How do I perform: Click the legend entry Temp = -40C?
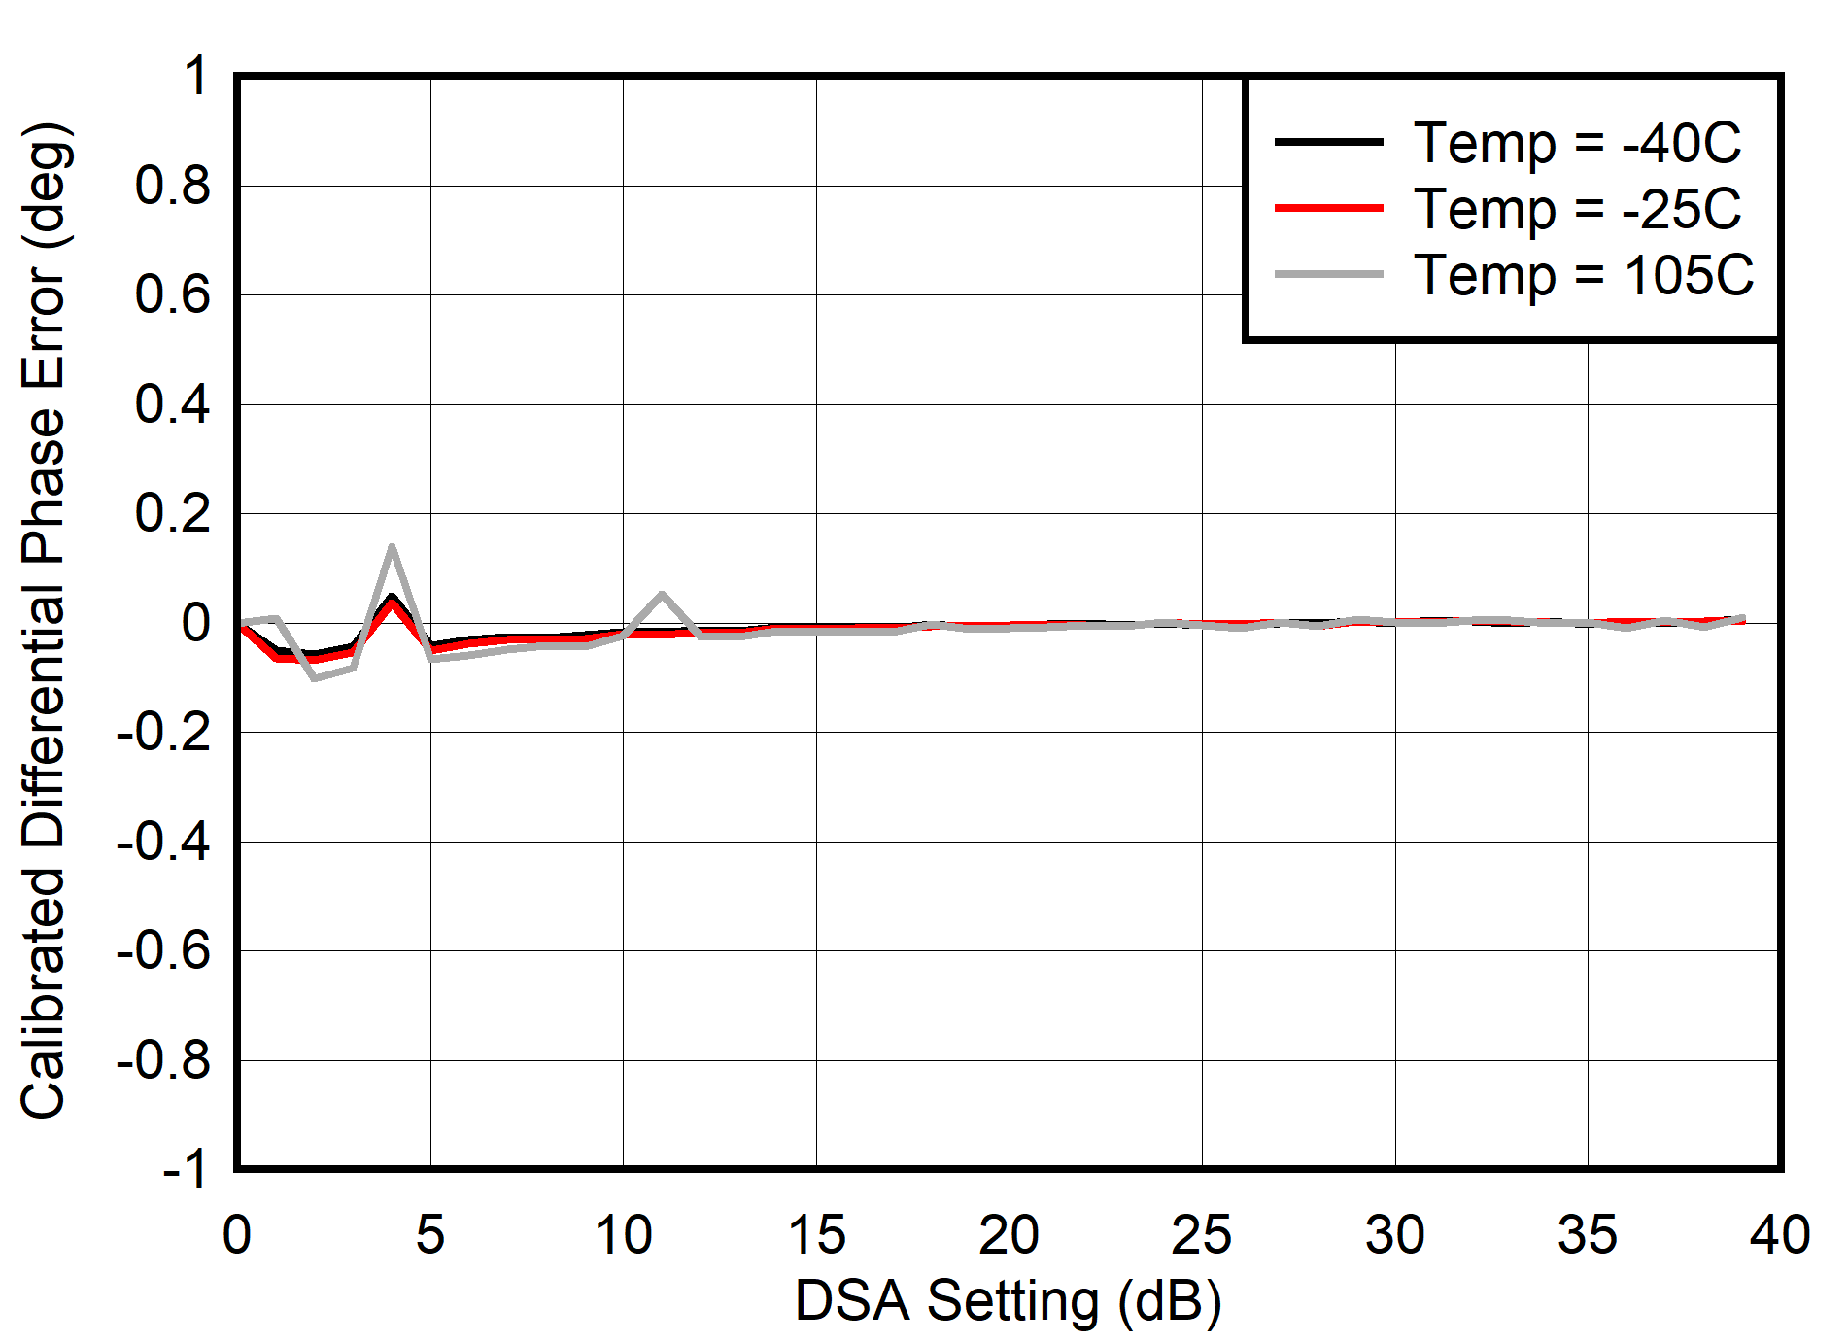click(x=1576, y=143)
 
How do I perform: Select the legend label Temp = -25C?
click(x=1576, y=209)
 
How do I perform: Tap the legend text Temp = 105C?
click(x=1583, y=275)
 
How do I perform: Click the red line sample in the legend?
click(x=1328, y=208)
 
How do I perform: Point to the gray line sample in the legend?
click(x=1328, y=275)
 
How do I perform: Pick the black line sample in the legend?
click(x=1328, y=142)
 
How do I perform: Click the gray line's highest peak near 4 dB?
click(x=392, y=547)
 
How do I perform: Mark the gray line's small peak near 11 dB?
click(x=662, y=594)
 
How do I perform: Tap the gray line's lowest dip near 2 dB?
click(x=315, y=677)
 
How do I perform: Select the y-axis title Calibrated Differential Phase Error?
click(x=44, y=622)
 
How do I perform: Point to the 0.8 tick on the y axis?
click(x=172, y=185)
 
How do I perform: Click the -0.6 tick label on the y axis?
click(x=162, y=950)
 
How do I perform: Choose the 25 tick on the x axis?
click(x=1201, y=1235)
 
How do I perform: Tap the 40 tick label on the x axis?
click(x=1779, y=1235)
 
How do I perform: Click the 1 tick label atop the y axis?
click(x=196, y=76)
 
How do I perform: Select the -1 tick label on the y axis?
click(x=185, y=1168)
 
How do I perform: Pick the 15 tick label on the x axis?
click(x=816, y=1235)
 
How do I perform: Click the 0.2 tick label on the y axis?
click(x=172, y=513)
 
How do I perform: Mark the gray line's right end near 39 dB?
click(x=1742, y=618)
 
